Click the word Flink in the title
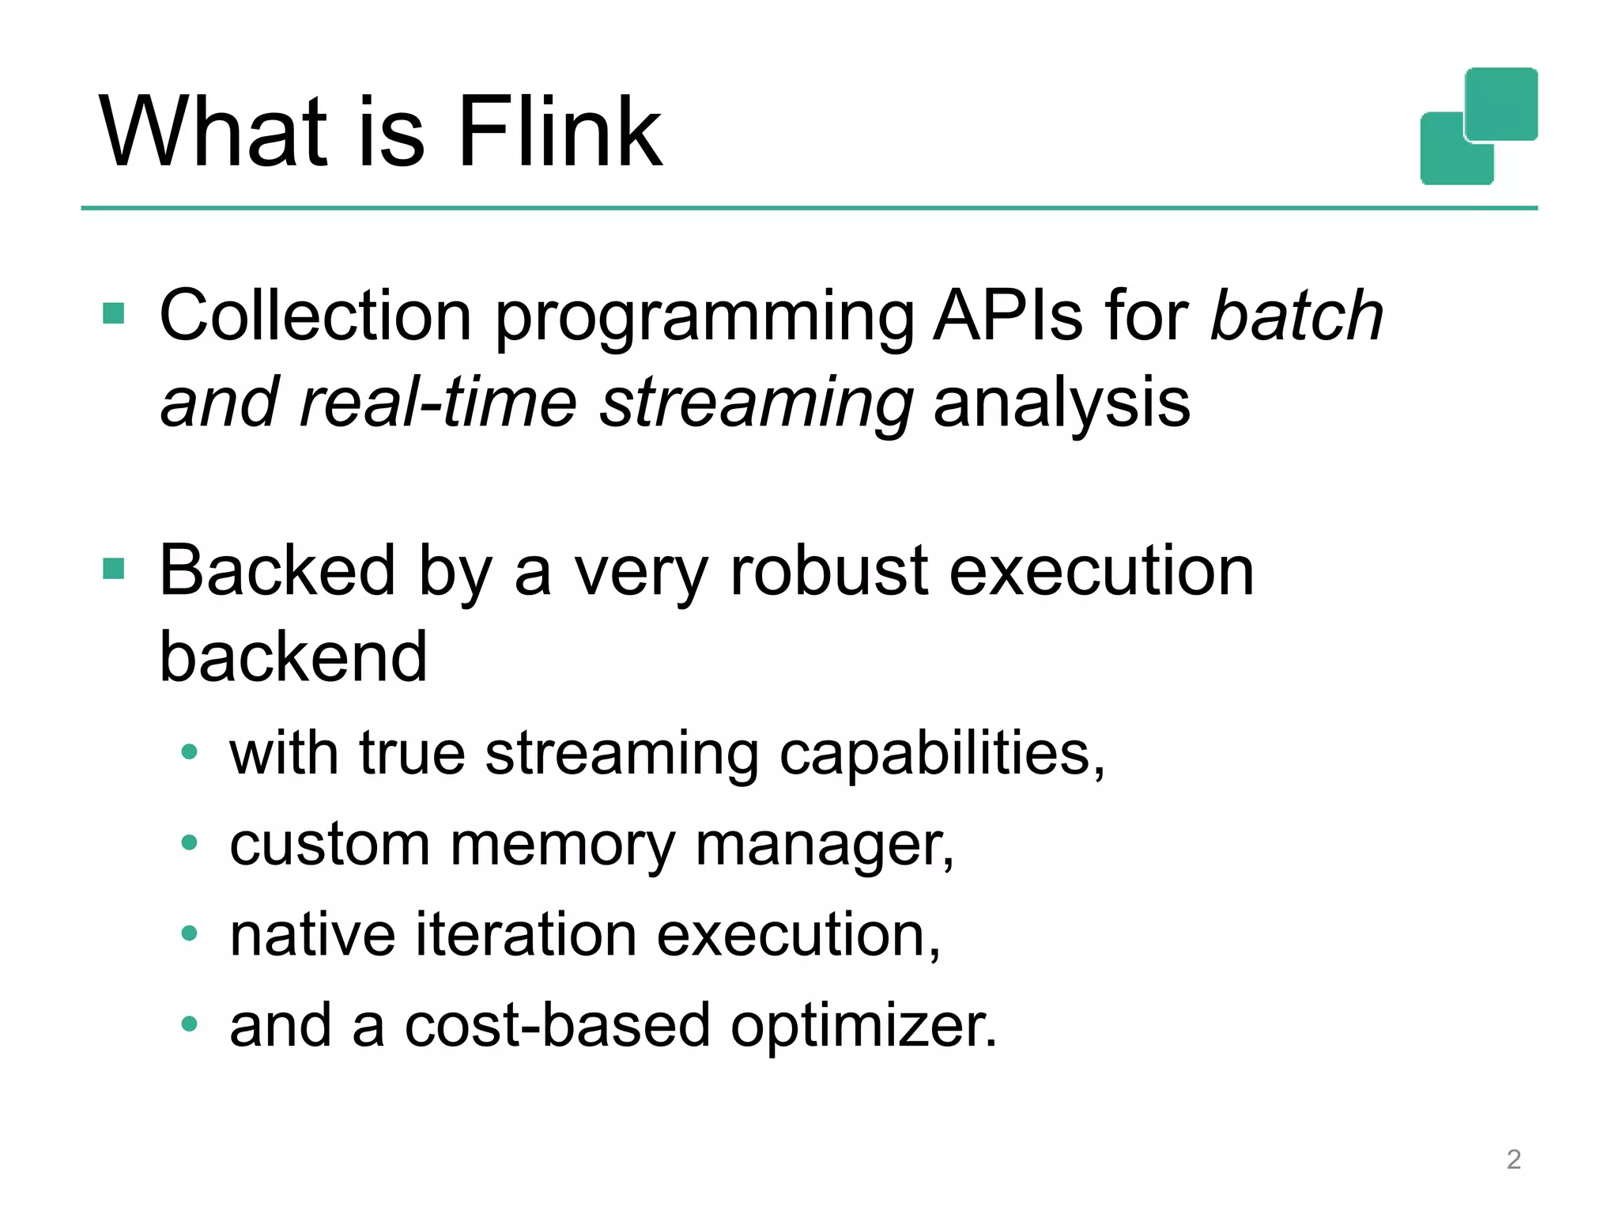[560, 131]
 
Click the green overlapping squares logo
[1479, 126]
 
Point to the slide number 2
[1513, 1159]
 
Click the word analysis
[1061, 403]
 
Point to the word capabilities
[941, 753]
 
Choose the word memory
[562, 845]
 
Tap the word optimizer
[863, 1027]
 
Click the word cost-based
[557, 1025]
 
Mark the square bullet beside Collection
[114, 313]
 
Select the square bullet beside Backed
[114, 568]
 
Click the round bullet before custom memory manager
[189, 843]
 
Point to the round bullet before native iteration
[189, 934]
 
